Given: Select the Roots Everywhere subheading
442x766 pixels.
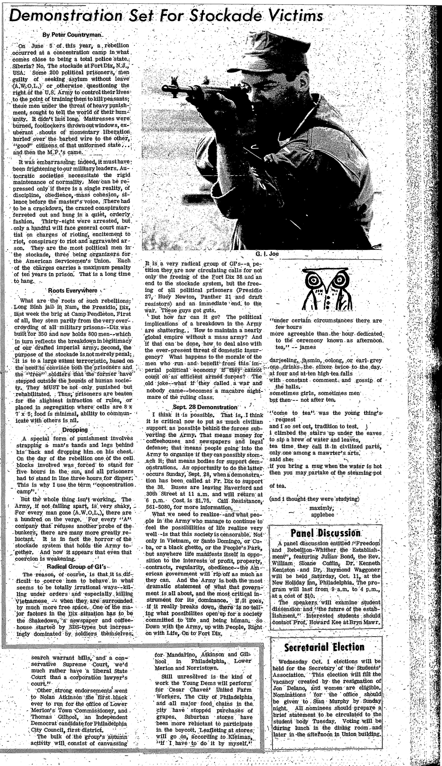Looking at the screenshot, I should (73, 290).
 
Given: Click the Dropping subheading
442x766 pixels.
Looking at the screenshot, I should (75, 430).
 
